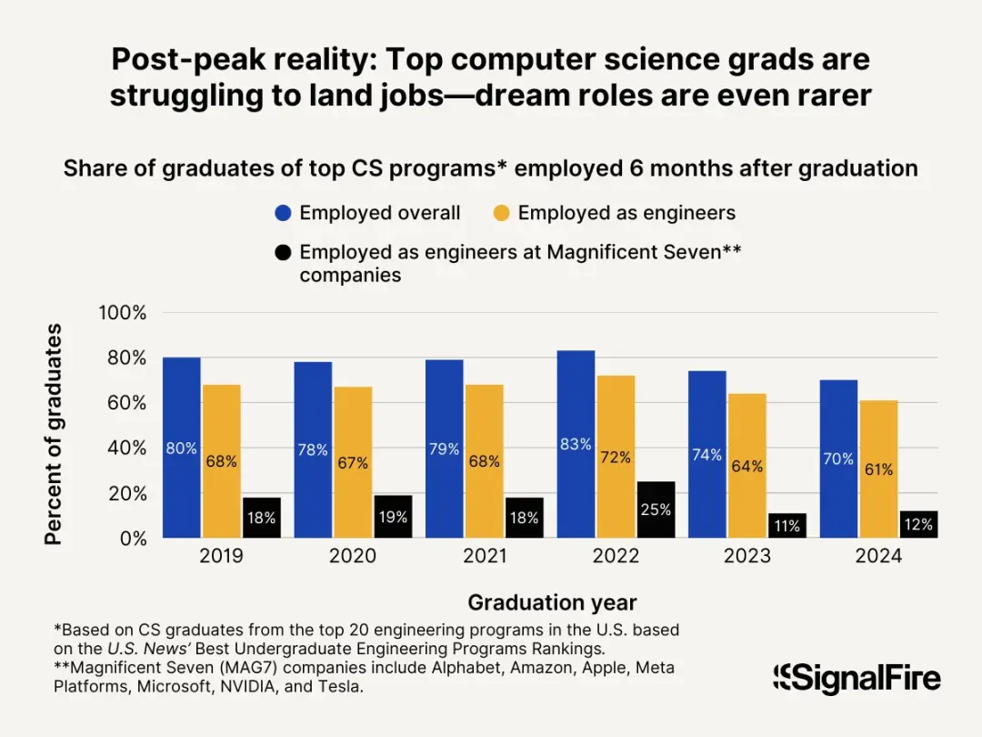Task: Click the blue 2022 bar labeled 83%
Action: (575, 444)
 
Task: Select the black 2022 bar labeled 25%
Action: (655, 510)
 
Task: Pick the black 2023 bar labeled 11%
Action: (786, 526)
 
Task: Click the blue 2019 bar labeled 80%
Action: (181, 448)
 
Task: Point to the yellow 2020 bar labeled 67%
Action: (352, 462)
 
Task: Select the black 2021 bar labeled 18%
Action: (524, 518)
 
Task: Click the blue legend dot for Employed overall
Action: (283, 214)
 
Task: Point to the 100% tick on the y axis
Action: (122, 313)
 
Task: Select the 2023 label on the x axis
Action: (747, 557)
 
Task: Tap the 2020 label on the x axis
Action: (352, 557)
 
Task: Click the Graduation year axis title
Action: (552, 602)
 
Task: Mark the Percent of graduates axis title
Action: (54, 434)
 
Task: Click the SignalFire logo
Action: (857, 678)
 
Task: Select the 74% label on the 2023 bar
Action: (706, 455)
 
